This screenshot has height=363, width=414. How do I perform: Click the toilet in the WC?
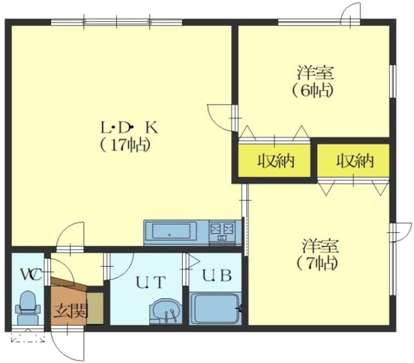[28, 308]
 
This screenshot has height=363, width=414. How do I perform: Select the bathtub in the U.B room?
[215, 308]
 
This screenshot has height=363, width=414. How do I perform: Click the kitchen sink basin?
[171, 231]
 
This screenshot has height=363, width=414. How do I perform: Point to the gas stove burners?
[222, 229]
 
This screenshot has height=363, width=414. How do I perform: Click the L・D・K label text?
[129, 128]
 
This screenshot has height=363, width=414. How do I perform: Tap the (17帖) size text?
[125, 145]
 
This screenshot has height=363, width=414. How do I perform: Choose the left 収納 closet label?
[276, 161]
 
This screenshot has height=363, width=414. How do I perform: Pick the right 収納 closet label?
[355, 161]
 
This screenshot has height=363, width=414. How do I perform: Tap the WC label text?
[32, 275]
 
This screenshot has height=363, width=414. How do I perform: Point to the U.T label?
[151, 282]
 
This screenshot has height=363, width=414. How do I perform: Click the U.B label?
[217, 275]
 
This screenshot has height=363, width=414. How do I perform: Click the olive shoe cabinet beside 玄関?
[95, 308]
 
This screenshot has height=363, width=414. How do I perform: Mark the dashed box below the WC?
[28, 336]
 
